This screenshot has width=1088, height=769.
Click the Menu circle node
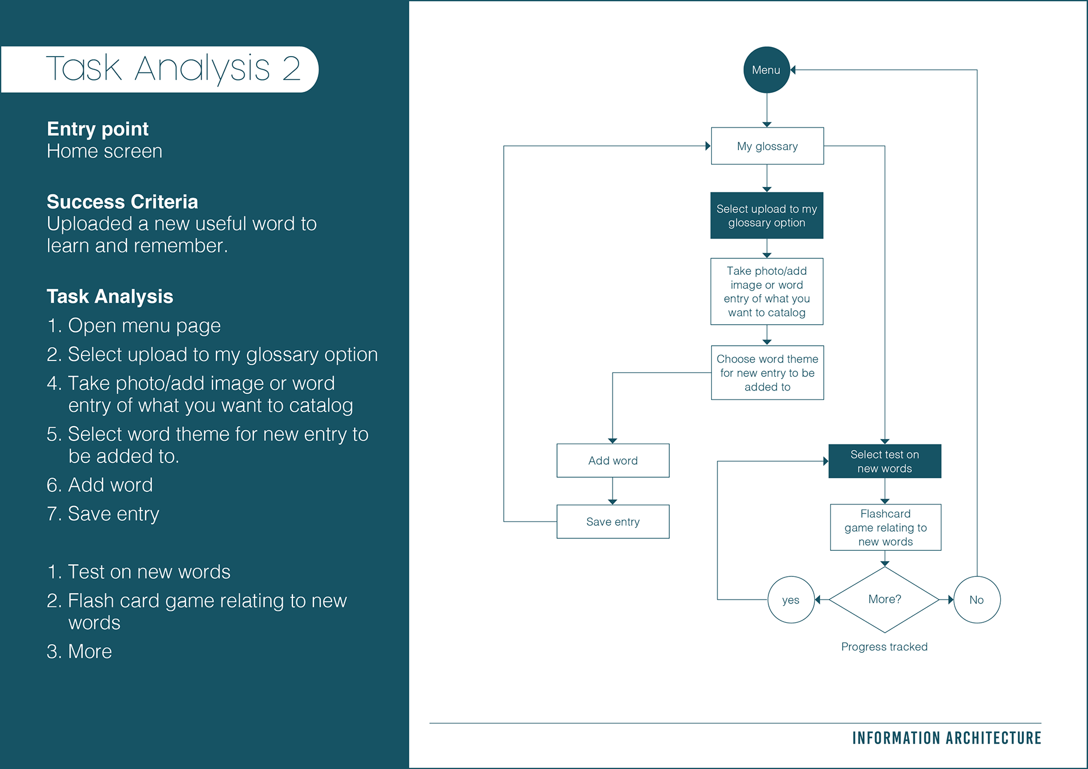tap(766, 70)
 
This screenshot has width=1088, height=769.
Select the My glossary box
tap(767, 146)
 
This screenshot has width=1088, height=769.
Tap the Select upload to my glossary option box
tap(767, 215)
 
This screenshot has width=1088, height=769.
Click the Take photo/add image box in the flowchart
tap(767, 291)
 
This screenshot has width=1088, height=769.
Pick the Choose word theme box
tap(767, 373)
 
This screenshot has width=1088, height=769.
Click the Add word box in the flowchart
tap(613, 461)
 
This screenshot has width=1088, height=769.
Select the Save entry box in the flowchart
tap(613, 521)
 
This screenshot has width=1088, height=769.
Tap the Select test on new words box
tap(885, 461)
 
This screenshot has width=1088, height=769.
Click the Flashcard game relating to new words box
tap(886, 527)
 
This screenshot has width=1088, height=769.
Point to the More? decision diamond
tap(885, 600)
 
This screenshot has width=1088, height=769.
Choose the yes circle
tap(791, 600)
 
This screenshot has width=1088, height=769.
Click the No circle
tap(977, 600)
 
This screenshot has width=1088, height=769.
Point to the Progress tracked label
tap(885, 647)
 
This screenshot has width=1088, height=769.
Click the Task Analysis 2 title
tap(173, 68)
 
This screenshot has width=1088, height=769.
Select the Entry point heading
tap(97, 129)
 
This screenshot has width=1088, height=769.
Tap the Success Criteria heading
tap(122, 202)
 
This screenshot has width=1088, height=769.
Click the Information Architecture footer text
tap(947, 738)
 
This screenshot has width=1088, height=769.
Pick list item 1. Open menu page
tap(134, 326)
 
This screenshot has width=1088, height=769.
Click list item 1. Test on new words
tap(139, 572)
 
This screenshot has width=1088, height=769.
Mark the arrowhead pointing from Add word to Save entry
tap(613, 502)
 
